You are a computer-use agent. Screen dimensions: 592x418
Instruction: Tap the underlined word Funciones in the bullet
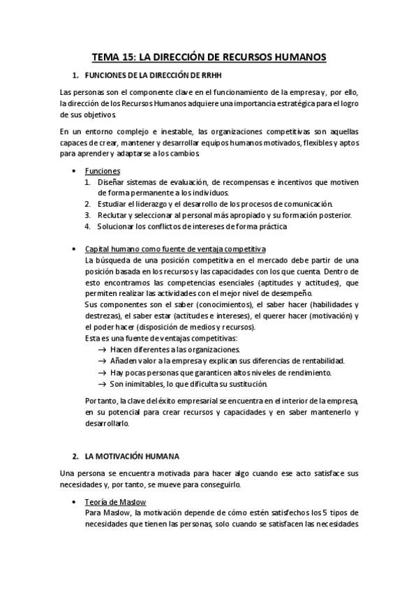(x=103, y=171)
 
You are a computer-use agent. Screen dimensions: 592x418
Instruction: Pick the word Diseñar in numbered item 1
(x=111, y=182)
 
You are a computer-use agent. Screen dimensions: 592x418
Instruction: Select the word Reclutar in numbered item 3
(x=114, y=215)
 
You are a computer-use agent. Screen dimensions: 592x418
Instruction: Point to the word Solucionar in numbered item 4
(x=117, y=226)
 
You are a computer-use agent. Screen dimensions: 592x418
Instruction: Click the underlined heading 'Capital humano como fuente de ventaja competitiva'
(x=175, y=249)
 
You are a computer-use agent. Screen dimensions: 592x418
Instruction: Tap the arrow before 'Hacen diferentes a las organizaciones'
(x=103, y=350)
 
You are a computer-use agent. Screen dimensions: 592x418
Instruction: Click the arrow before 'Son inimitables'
(x=103, y=383)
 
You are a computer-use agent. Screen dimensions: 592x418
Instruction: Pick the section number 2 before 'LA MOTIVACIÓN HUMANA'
(x=75, y=456)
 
